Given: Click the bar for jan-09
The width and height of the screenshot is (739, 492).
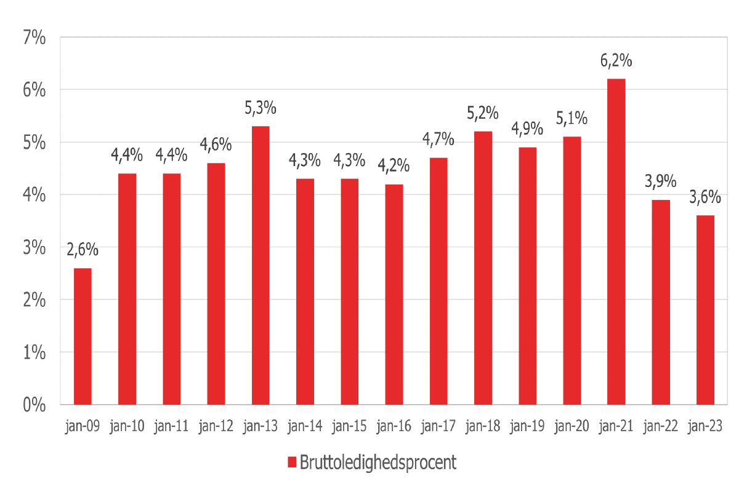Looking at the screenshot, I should point(83,336).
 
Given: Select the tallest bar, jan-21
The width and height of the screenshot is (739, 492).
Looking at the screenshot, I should point(616,242).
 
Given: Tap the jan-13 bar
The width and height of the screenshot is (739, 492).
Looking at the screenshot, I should point(260,265).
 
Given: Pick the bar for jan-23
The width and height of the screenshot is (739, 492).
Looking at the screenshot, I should point(705,310).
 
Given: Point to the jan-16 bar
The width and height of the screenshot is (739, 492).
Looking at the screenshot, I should point(394,294).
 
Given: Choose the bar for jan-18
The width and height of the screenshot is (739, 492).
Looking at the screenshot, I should point(483,268).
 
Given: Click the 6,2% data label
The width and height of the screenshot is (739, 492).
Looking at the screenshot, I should point(616,61).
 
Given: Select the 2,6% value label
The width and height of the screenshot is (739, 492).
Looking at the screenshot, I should point(83,250).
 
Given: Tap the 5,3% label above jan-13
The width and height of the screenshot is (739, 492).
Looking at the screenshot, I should point(260,108).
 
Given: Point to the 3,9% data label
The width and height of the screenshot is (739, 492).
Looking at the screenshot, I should point(660,182).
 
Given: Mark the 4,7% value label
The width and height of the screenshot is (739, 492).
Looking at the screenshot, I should point(438,140).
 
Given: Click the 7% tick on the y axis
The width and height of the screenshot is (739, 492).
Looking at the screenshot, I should point(34,38).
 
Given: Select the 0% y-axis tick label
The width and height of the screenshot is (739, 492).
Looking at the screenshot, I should point(34,405).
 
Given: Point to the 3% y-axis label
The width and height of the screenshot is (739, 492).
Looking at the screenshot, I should point(34,248).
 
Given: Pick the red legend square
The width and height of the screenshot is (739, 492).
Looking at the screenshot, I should point(292,462).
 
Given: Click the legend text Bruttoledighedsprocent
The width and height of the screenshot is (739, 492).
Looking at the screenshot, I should point(378,462).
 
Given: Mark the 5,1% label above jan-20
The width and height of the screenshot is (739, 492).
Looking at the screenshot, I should point(571,119).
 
